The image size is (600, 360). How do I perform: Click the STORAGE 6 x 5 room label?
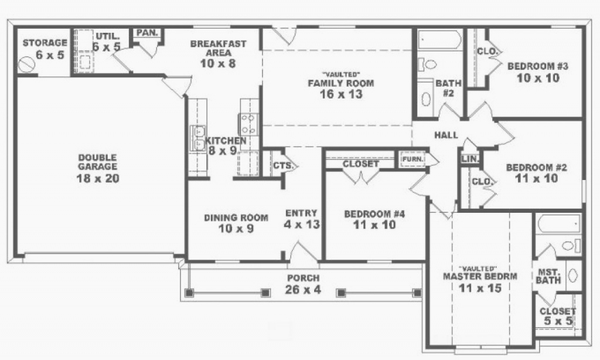click(x=45, y=49)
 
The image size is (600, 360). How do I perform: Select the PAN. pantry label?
click(x=147, y=33)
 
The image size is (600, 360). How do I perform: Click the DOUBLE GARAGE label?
click(x=98, y=162)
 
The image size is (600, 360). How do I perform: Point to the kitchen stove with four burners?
click(x=248, y=124)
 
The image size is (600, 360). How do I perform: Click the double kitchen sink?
click(x=198, y=138)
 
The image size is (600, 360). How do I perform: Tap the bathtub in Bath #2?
click(x=439, y=40)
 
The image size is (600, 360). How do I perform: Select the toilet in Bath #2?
click(x=427, y=64)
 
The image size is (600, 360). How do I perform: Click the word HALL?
click(x=446, y=135)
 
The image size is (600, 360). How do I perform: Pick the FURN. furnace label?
click(x=413, y=158)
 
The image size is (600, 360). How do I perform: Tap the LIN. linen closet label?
click(x=470, y=158)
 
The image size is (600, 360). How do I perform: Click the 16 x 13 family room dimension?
click(x=341, y=94)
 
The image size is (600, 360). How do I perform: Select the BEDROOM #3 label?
click(x=538, y=66)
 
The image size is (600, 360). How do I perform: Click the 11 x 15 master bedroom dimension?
click(x=480, y=288)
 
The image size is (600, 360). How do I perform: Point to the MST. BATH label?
click(x=548, y=276)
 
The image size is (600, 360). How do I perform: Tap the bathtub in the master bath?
click(x=558, y=223)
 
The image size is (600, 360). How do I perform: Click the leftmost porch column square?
click(x=189, y=293)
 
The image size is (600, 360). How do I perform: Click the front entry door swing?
click(x=303, y=253)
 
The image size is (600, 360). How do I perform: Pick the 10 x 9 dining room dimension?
click(x=236, y=229)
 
